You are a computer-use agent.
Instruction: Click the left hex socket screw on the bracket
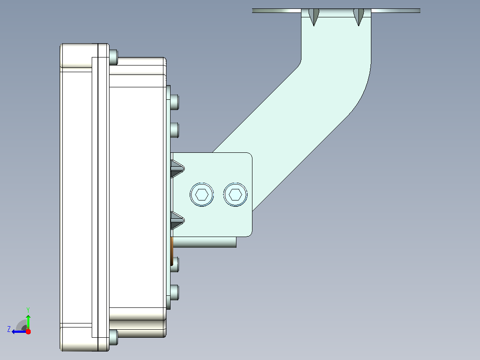click(x=202, y=195)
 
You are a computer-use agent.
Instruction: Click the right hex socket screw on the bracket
click(x=236, y=195)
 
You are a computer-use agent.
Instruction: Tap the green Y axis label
click(x=28, y=310)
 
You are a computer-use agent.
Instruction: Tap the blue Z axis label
click(x=9, y=329)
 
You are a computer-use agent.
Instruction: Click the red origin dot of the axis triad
click(x=28, y=331)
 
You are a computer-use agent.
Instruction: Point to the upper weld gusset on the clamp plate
click(x=177, y=169)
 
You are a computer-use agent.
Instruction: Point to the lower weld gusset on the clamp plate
click(x=177, y=220)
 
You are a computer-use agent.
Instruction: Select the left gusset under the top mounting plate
click(x=314, y=16)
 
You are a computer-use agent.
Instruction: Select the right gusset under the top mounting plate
click(x=358, y=16)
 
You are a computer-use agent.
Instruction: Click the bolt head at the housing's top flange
click(x=113, y=57)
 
